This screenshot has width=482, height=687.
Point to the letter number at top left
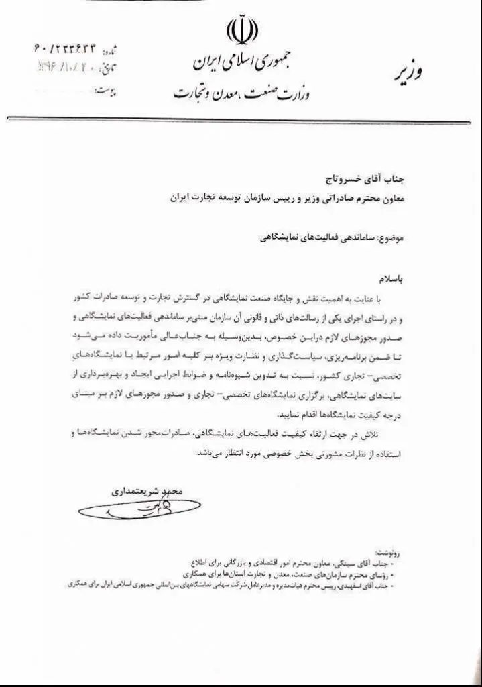65,49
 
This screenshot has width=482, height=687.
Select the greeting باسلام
393,277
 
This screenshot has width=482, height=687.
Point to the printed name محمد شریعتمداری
145,491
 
